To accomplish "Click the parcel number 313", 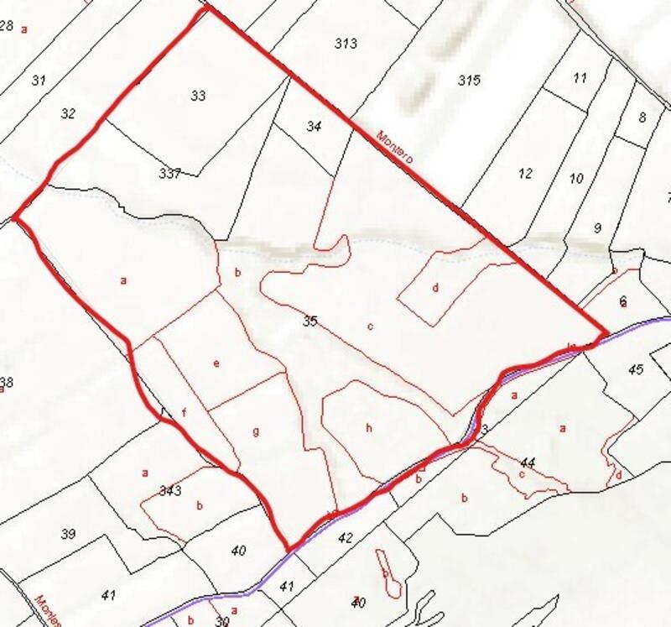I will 346,44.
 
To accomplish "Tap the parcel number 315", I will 469,80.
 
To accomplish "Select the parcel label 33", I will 198,96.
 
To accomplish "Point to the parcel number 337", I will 169,174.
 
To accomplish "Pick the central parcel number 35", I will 310,321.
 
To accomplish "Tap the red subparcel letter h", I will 368,427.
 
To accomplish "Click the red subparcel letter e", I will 216,363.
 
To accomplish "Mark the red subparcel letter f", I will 183,412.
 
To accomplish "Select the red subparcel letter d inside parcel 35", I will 435,288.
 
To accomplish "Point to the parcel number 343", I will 170,490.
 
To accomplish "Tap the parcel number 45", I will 635,370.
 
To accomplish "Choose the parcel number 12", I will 526,174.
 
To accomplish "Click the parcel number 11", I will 580,78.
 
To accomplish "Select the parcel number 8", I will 642,117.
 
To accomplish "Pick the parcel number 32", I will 69,112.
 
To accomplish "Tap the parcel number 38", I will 7,383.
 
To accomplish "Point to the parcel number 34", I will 314,127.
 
